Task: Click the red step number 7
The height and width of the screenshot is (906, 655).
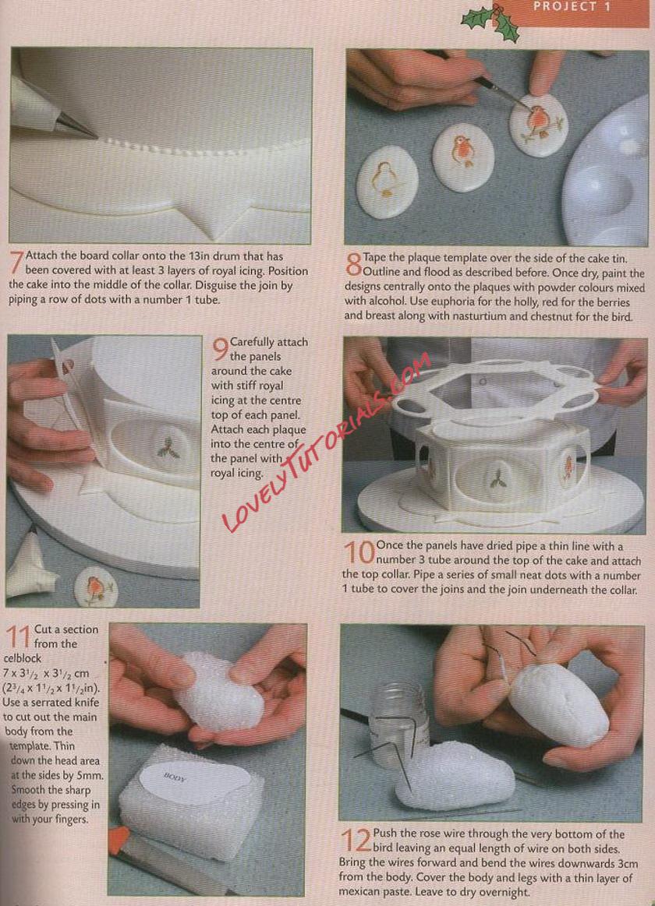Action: (x=17, y=263)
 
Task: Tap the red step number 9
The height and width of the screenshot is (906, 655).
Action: (x=220, y=348)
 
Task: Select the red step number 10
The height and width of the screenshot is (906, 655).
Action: (x=359, y=552)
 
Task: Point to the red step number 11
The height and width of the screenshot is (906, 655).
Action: (x=18, y=636)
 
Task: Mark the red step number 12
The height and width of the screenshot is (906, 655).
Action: (x=355, y=841)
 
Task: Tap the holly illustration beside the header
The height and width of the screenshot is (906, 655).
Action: (x=489, y=22)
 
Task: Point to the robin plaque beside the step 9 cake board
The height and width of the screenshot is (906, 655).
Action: (x=95, y=587)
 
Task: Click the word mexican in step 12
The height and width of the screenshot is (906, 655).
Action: (x=360, y=891)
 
